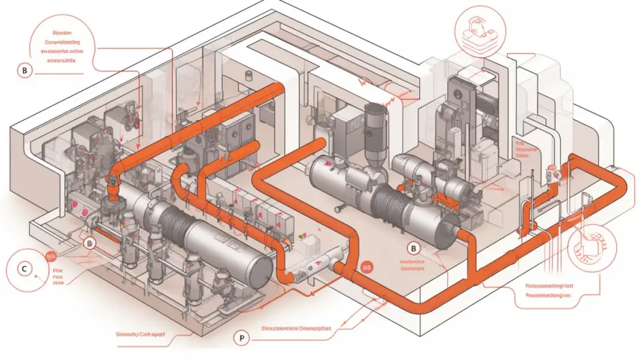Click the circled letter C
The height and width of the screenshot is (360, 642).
click(24, 269)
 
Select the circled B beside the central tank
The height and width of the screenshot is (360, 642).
click(414, 248)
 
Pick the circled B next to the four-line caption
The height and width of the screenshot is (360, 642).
click(24, 71)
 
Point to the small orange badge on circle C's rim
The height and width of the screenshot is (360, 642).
click(51, 257)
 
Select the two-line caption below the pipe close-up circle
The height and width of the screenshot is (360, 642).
click(547, 289)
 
